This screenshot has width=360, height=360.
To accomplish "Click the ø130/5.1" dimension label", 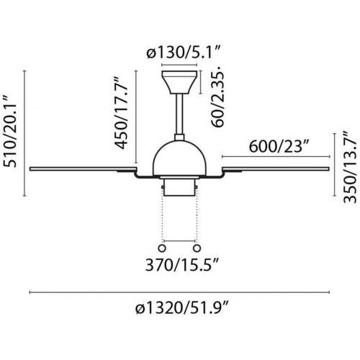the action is coord(184,53).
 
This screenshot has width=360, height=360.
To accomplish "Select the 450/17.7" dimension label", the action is coord(120,112).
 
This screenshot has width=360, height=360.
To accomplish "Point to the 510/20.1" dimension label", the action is coord(10,132).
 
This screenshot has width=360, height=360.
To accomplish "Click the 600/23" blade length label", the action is coord(279,146).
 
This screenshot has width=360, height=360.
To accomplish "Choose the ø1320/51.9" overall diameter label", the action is coord(181,308).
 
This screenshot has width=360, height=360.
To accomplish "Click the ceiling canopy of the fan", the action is coord(179,82).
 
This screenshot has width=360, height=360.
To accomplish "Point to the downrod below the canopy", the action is coord(179,114).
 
